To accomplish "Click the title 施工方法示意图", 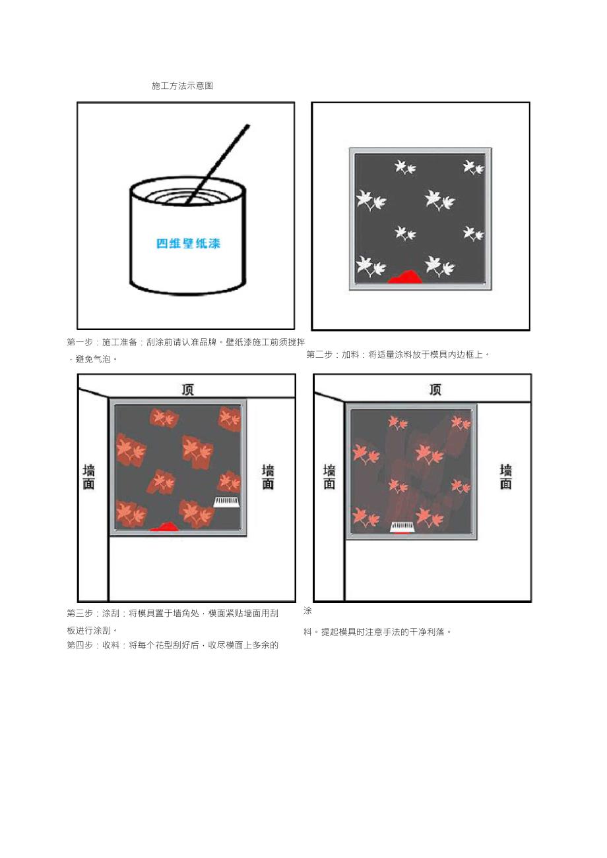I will coord(182,86).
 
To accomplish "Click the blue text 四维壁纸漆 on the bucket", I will coord(188,243).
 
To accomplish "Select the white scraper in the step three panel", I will coord(226,502).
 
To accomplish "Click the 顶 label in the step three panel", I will coord(188,389).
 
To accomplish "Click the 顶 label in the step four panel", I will coord(435,389).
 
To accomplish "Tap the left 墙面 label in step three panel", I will coord(88,477).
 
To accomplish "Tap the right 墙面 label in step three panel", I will coord(268,477).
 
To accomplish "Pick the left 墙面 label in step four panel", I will coord(329,477).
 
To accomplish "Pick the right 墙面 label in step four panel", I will coord(505,477).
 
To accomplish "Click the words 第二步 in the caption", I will coord(320,355).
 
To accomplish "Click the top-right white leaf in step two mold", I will coord(473,167).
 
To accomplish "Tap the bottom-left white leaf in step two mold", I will coord(370,267).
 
